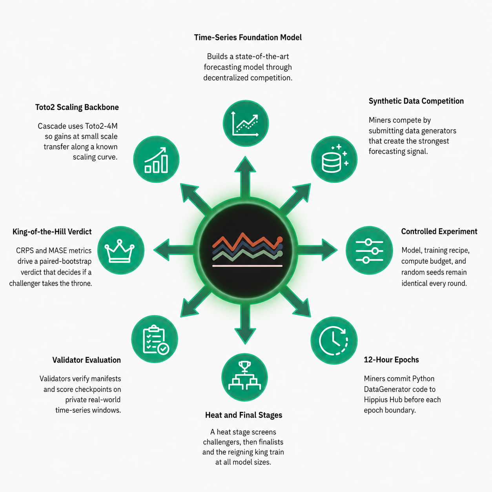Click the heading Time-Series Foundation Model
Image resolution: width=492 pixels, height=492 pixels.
(x=248, y=38)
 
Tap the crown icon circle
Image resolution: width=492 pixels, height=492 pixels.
(x=121, y=250)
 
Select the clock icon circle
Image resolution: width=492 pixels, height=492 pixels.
(x=334, y=340)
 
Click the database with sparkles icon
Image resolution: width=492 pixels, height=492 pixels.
(x=334, y=159)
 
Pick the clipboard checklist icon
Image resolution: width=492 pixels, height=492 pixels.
(x=155, y=339)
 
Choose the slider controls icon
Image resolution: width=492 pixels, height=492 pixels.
(x=369, y=250)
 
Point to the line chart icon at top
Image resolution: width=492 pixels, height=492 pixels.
(x=246, y=123)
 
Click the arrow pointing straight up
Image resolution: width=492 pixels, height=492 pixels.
(x=245, y=177)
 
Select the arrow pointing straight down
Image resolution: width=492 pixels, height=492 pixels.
(x=245, y=324)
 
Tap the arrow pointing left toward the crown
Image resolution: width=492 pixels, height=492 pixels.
(x=174, y=250)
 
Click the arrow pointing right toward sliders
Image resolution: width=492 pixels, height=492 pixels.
(x=317, y=250)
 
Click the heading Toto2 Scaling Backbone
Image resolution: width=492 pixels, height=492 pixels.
(x=77, y=107)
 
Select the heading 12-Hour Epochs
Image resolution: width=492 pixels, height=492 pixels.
(x=391, y=360)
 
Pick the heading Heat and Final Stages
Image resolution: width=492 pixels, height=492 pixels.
(x=244, y=415)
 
